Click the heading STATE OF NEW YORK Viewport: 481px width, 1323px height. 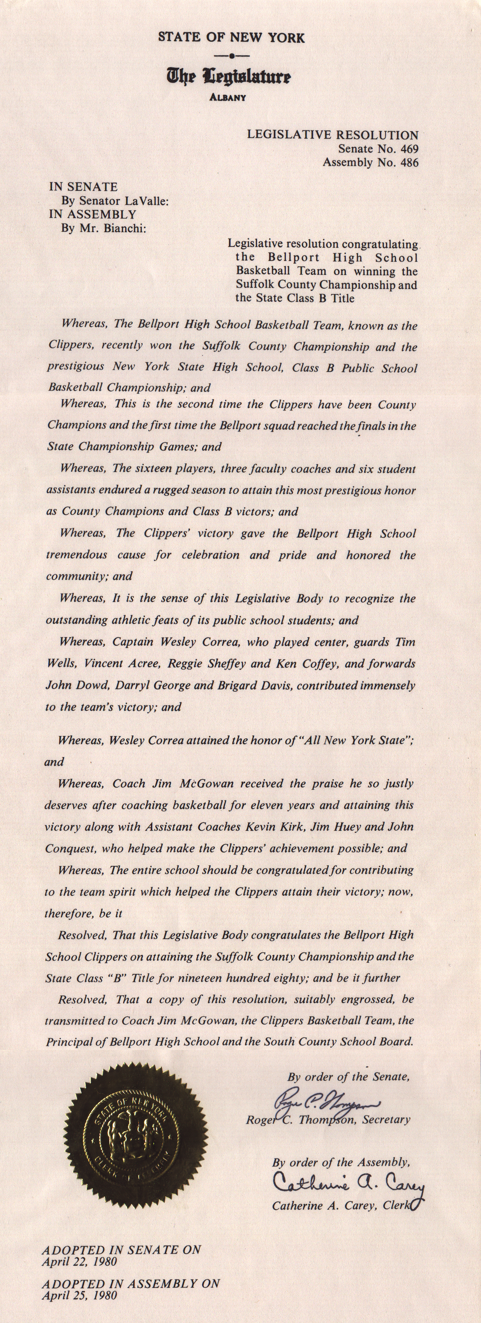pyautogui.click(x=231, y=37)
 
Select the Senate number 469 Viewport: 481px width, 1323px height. pyautogui.click(x=409, y=149)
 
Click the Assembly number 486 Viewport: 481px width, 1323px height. pyautogui.click(x=409, y=162)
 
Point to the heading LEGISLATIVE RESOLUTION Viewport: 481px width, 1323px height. pyautogui.click(x=333, y=135)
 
